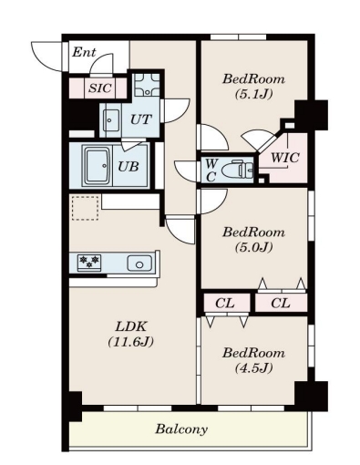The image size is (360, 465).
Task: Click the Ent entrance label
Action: click(84, 52)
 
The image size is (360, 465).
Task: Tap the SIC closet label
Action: click(100, 88)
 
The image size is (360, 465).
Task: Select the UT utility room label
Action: click(140, 119)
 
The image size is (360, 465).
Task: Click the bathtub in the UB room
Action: click(98, 166)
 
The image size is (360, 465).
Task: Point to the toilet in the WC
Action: click(238, 170)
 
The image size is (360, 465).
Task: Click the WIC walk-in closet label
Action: click(285, 158)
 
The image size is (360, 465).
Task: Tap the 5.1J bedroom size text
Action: click(253, 94)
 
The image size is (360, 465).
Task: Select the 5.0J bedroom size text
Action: click(253, 247)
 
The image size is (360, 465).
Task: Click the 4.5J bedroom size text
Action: click(253, 367)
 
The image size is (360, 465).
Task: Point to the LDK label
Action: click(131, 326)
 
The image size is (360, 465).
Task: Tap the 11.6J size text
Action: click(131, 342)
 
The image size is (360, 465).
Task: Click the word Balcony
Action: click(181, 429)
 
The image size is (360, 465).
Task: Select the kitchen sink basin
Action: click(139, 263)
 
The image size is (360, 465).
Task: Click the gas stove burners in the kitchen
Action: click(89, 262)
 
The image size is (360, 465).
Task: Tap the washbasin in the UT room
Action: click(111, 120)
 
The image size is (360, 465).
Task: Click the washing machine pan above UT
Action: click(147, 85)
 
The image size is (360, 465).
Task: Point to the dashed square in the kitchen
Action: click(86, 208)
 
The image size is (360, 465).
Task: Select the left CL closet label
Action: click(225, 303)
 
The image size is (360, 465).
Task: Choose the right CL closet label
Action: click(281, 303)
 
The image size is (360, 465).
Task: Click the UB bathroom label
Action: click(129, 167)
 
